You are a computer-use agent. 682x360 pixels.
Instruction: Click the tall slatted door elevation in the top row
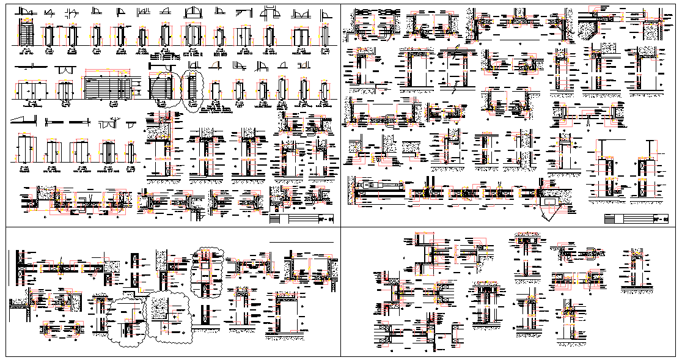point(26,33)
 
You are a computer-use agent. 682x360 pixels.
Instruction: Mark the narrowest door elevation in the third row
point(131,151)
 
